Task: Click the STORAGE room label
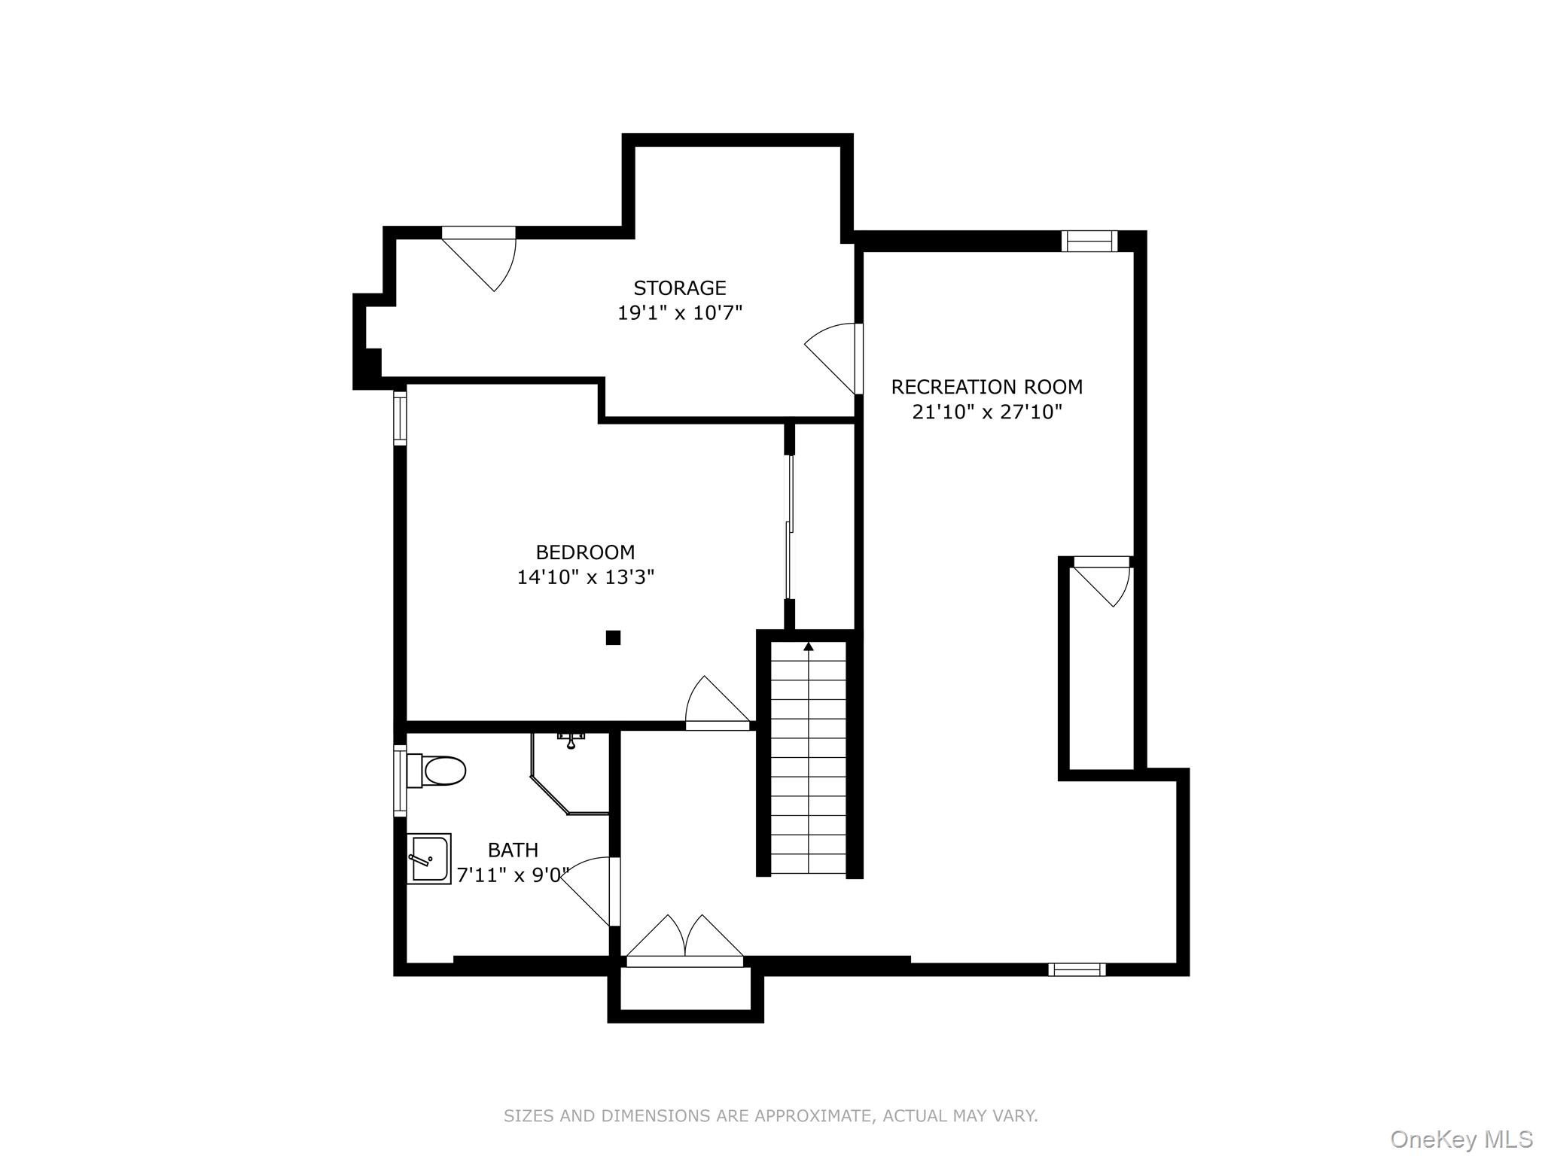pyautogui.click(x=679, y=288)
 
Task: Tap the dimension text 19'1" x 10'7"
pyautogui.click(x=679, y=313)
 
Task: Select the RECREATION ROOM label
pyautogui.click(x=986, y=387)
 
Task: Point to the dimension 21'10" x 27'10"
pyautogui.click(x=986, y=412)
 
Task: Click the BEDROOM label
pyautogui.click(x=585, y=552)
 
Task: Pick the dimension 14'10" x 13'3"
pyautogui.click(x=585, y=577)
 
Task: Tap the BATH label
pyautogui.click(x=513, y=850)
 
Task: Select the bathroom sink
pyautogui.click(x=428, y=859)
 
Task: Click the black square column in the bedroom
pyautogui.click(x=613, y=637)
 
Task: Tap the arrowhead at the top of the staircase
pyautogui.click(x=809, y=646)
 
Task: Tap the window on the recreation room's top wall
pyautogui.click(x=1089, y=241)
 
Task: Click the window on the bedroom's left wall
pyautogui.click(x=400, y=418)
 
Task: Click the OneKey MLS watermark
pyautogui.click(x=1461, y=1139)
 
